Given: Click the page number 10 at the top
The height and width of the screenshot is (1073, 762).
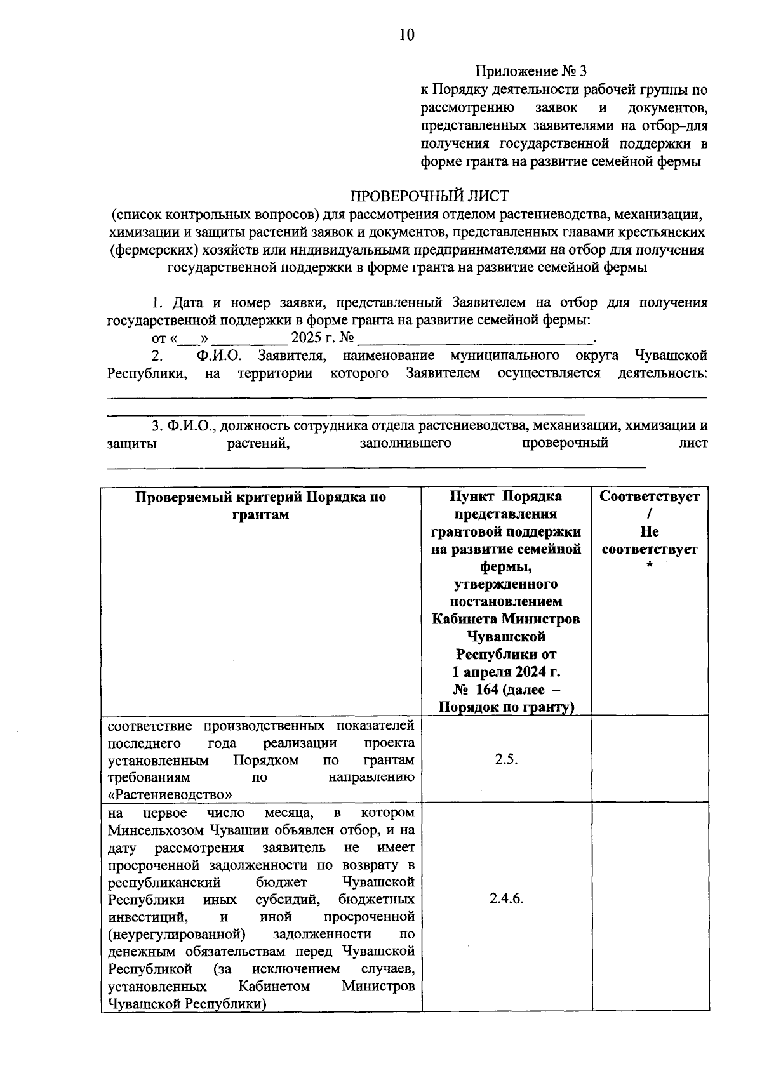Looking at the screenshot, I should tap(406, 35).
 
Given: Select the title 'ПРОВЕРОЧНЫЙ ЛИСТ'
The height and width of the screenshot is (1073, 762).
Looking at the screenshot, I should tap(431, 196).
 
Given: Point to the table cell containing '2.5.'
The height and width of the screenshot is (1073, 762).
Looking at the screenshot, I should tap(506, 759).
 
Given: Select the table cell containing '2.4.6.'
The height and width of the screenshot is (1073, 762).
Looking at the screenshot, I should tap(506, 899).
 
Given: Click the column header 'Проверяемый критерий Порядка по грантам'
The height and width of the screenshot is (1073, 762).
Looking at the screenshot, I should tap(261, 505).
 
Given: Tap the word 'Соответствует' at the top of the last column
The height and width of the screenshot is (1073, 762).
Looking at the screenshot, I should tap(650, 497).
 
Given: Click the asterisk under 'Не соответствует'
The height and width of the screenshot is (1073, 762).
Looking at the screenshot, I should tap(650, 567).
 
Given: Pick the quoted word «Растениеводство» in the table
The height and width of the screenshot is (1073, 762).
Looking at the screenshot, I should tap(170, 795).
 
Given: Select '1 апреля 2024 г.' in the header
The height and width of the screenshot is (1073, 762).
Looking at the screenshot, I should tap(506, 672).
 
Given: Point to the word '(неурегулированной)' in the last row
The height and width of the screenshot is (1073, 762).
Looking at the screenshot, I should tap(177, 934).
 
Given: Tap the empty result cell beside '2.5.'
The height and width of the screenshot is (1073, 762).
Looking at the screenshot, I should tap(650, 759).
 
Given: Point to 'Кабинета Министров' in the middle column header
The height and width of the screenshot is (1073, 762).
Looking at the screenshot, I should tap(506, 619).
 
